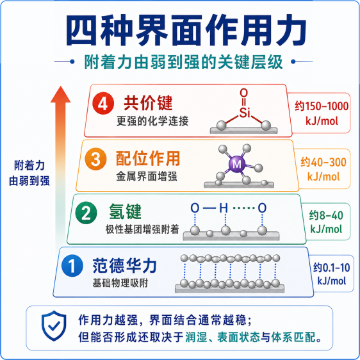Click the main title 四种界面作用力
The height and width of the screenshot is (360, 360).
click(186, 30)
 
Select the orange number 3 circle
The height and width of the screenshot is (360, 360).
click(95, 159)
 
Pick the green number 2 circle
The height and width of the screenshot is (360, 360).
click(86, 213)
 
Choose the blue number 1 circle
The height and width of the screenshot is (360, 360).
click(72, 266)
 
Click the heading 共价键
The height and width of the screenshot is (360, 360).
click(148, 103)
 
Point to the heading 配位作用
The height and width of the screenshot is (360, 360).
click(148, 158)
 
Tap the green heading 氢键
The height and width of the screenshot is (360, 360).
click(125, 211)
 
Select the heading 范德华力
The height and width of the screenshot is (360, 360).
click(125, 266)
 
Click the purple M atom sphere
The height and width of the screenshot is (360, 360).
click(237, 164)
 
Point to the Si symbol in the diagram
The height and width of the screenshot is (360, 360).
click(245, 113)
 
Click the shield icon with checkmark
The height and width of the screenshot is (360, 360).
click(54, 325)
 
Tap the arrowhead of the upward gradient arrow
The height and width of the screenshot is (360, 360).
click(60, 94)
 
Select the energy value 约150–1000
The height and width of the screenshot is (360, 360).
click(322, 106)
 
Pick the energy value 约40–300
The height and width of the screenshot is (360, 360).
click(323, 162)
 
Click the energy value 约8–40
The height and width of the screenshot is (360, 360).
click(326, 216)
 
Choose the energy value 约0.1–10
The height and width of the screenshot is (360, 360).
click(332, 268)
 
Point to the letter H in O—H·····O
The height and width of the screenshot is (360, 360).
click(224, 208)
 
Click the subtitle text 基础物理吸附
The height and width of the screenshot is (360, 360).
click(120, 283)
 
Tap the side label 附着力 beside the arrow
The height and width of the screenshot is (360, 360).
click(29, 165)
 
